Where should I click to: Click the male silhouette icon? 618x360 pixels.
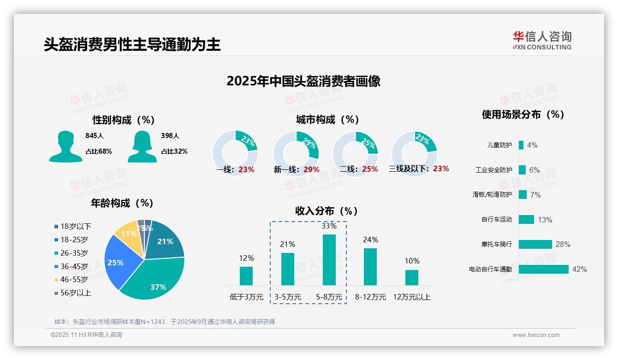coord(65,146)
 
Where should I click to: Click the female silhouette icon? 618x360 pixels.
coord(142,146)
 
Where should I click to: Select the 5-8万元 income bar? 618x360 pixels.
coord(329,260)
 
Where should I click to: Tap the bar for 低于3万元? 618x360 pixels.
coord(246,276)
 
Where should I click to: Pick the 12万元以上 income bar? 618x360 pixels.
coord(411,277)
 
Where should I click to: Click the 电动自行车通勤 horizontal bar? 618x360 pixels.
coord(543,269)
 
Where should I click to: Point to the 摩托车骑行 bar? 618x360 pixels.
coord(535,244)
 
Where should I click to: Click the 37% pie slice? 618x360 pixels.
coord(157,282)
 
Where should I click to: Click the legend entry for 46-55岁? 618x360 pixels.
coord(73,279)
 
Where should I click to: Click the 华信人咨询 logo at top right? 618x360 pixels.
coord(542,40)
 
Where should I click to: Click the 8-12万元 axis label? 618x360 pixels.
coord(370,297)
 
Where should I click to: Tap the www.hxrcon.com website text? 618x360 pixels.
coord(535,335)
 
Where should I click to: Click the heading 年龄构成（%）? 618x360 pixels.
coord(122,203)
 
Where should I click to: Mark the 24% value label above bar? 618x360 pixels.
coord(370,240)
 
